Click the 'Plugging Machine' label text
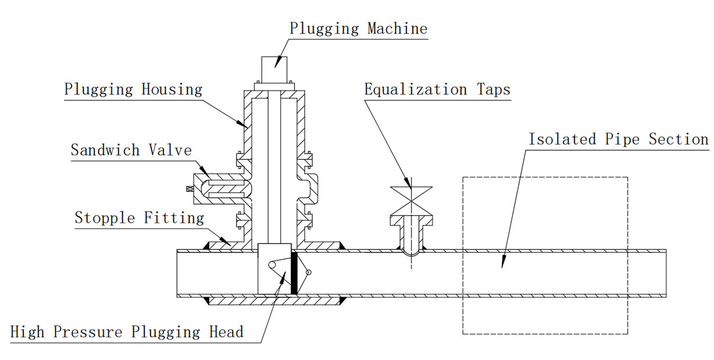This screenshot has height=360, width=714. coord(358,28)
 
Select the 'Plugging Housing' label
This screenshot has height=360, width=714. coord(133,90)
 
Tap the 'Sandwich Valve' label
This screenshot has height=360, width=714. coord(131,150)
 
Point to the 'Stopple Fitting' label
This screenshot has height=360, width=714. coord(139,218)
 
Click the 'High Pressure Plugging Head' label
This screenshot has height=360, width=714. coord(127,332)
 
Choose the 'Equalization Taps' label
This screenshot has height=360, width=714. coord(437,90)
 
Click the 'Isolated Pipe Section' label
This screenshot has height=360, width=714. coord(618,140)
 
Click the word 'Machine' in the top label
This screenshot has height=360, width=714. coord(397,28)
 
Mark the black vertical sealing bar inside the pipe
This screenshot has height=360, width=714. coord(294,273)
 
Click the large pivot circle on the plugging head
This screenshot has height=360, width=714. coord(271,264)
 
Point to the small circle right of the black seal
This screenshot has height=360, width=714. coord(308,272)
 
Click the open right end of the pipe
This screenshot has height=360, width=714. coord(665,273)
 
